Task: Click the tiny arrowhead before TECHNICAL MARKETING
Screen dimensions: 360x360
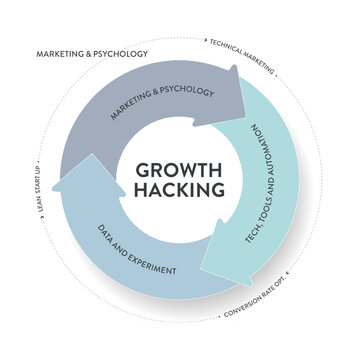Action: tap(205, 39)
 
